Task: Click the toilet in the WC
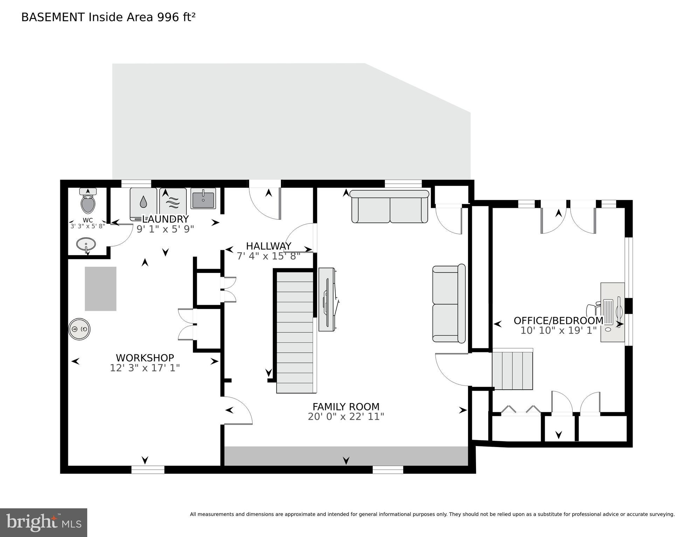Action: tap(88, 203)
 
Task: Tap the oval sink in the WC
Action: tap(86, 243)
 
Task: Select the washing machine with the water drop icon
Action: tap(143, 204)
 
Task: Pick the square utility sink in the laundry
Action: tap(203, 198)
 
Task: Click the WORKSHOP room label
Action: tap(145, 358)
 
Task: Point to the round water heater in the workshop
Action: tap(79, 329)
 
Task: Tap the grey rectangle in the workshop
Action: tap(101, 289)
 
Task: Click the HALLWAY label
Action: tap(268, 246)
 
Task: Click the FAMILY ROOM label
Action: tap(346, 407)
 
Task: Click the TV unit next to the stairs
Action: tap(327, 299)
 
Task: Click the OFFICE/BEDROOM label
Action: tap(558, 320)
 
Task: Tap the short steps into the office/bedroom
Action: tap(512, 370)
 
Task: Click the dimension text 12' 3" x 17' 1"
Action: tap(145, 368)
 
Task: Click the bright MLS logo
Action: tap(43, 522)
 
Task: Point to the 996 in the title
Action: tap(168, 17)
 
